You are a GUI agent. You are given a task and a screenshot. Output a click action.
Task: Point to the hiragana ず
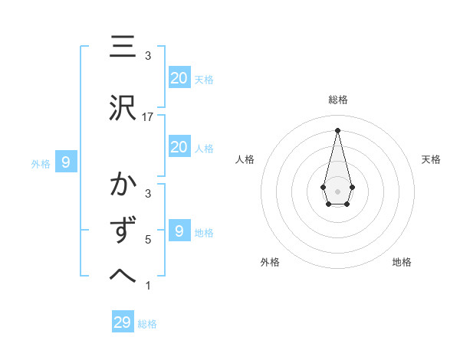pos(123,231)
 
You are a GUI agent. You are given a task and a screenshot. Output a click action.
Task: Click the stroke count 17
pos(148,117)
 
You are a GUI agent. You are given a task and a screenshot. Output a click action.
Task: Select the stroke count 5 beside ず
pos(148,239)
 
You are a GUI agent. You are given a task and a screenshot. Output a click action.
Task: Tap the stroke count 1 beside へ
pos(148,286)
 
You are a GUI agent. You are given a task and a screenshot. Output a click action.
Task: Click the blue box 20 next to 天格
pos(179,78)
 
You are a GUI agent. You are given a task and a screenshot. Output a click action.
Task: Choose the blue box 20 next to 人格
pos(179,147)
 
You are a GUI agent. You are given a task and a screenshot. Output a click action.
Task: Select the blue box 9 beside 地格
pos(179,231)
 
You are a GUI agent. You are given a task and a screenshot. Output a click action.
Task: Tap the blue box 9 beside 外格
pos(66,162)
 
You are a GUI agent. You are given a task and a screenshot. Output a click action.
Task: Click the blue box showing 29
pos(123,322)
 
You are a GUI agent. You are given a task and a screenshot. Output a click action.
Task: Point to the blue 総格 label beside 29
pos(147,323)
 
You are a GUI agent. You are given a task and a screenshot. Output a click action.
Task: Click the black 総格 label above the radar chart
pos(338,100)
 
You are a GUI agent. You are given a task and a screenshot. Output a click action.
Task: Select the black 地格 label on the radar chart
pos(402,262)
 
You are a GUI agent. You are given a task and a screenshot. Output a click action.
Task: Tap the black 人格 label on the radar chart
pos(245,159)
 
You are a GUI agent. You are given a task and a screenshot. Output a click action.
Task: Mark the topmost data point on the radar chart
pos(337,129)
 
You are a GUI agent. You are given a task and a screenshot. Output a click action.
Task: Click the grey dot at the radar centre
pos(337,190)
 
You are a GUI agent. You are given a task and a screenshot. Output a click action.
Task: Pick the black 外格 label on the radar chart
pos(270,262)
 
